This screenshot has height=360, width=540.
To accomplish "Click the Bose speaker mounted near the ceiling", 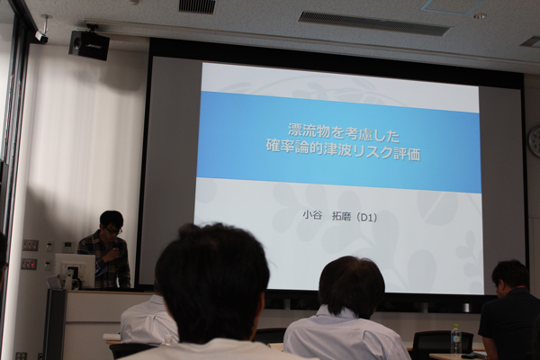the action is click(89, 45).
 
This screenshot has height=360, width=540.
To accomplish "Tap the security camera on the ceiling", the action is click(41, 35).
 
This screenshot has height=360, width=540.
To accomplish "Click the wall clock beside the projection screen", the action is click(535, 141).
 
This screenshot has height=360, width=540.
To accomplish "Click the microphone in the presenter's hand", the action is click(114, 250).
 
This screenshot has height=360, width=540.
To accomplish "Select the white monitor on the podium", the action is click(75, 270).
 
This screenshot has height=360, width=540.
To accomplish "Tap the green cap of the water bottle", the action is click(455, 326).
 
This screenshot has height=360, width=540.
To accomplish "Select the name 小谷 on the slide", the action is click(312, 216).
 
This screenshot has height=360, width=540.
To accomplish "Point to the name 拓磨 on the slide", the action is click(341, 217).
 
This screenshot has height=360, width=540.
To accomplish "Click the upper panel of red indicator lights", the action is click(30, 246).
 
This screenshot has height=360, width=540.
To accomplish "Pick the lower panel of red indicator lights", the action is click(29, 264).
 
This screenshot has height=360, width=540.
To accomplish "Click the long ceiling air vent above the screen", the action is click(374, 23).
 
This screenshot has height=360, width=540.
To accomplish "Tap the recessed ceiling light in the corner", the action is click(480, 16).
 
